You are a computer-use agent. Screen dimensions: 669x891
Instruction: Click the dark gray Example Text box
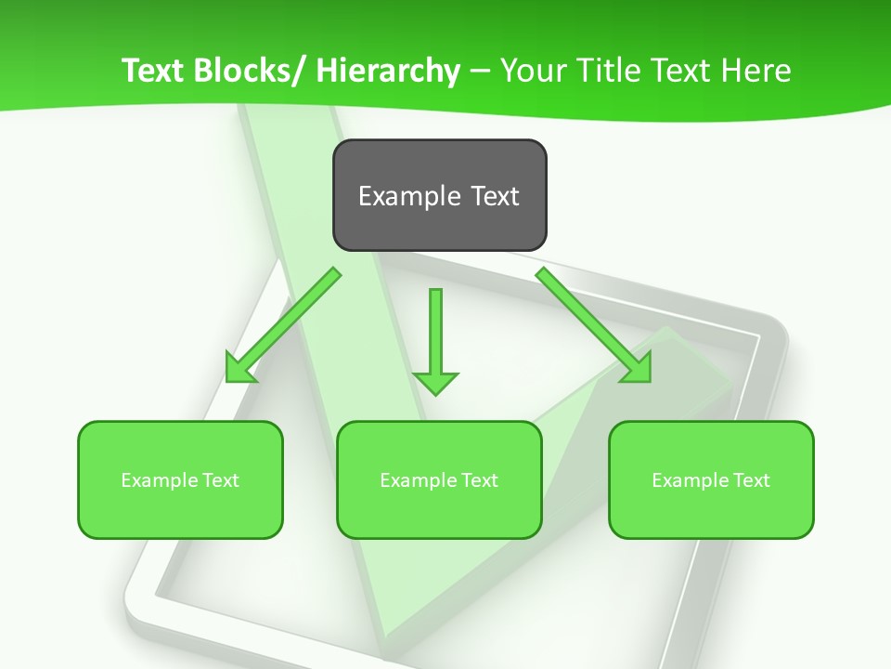point(439,195)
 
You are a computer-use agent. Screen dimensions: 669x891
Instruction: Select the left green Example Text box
point(180,479)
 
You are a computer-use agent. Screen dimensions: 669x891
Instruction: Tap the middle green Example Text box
point(439,479)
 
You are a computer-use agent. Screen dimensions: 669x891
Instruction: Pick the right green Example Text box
point(711,479)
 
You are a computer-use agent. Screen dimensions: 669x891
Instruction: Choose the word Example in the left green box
point(160,480)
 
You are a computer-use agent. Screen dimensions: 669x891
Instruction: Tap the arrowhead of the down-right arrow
point(637,368)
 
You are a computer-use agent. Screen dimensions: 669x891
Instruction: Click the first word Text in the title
point(152,71)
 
